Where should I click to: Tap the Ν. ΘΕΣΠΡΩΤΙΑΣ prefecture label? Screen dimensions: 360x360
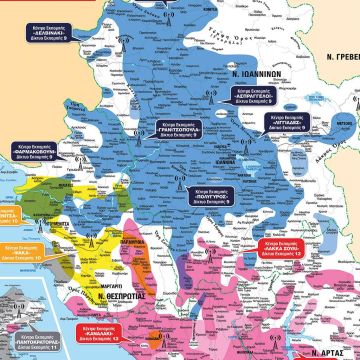pos(112,285)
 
